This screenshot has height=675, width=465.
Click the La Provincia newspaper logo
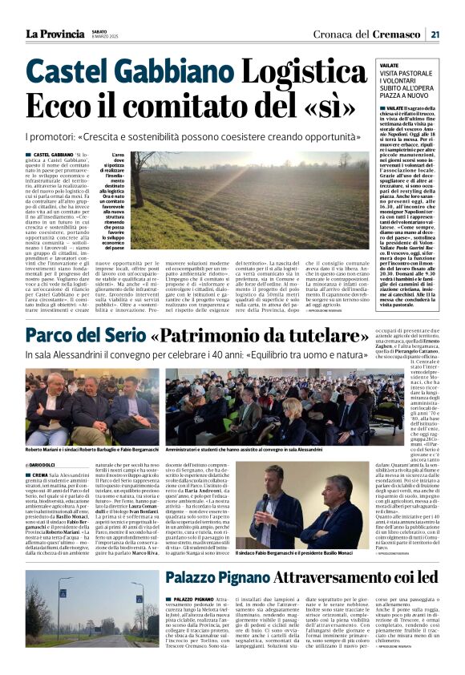[x=53, y=33]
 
